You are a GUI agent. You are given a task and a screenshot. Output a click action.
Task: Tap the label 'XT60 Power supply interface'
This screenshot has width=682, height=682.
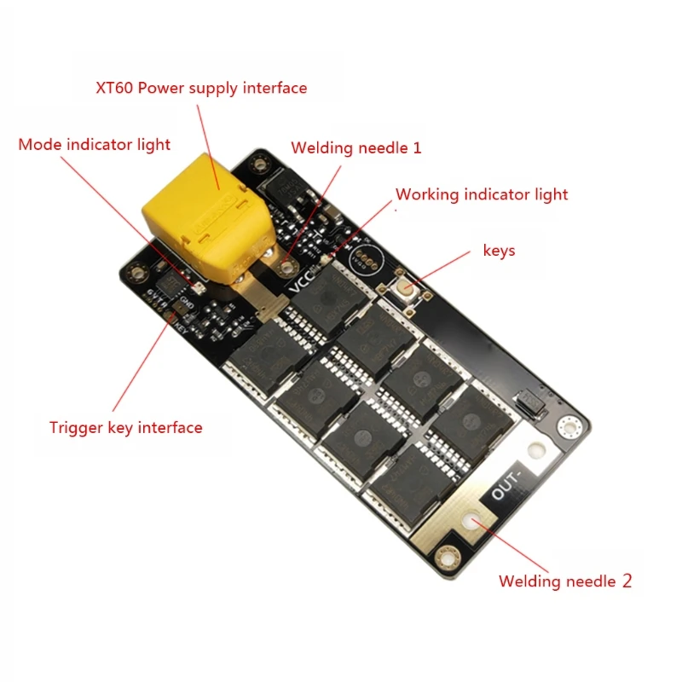200,88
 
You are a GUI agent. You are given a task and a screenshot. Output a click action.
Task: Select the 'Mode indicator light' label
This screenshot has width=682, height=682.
95,144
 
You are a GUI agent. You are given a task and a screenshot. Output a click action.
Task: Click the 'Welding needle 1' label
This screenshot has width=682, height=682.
356,147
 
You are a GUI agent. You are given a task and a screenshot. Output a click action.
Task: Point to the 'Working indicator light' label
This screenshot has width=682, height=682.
482,194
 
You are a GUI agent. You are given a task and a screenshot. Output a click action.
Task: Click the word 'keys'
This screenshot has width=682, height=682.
499,251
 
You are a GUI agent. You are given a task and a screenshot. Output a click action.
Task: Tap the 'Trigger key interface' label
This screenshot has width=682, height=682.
126,427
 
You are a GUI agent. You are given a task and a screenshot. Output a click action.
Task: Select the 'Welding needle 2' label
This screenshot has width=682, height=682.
565,581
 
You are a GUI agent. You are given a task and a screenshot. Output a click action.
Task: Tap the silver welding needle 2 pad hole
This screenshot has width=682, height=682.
471,521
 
